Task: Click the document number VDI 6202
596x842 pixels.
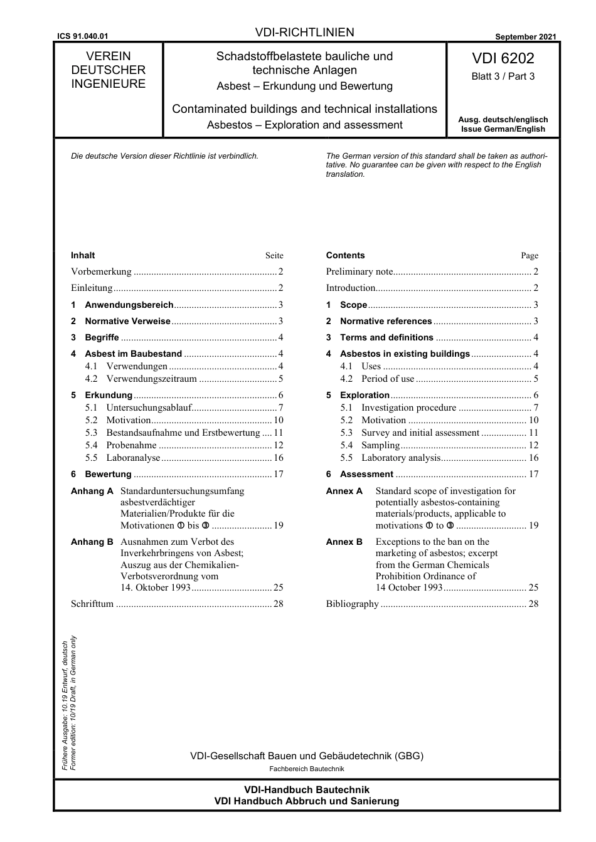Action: (x=503, y=59)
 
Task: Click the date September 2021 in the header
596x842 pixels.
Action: (x=525, y=37)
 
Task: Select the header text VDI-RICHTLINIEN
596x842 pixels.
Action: (x=304, y=33)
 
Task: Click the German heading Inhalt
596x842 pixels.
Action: (x=83, y=255)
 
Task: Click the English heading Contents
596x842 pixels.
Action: (x=345, y=255)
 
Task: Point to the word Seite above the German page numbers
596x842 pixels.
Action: (x=274, y=256)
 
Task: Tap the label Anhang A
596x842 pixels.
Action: (x=92, y=491)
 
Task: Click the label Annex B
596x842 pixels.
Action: (x=344, y=542)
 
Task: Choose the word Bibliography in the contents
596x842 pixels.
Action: (x=352, y=604)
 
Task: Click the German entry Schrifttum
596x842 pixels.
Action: (x=92, y=604)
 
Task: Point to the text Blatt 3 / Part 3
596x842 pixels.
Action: (x=503, y=76)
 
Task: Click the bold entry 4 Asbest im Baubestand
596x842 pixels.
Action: (x=133, y=354)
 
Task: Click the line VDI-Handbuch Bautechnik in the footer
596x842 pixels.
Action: (x=306, y=790)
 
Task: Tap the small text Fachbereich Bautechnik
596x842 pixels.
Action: (x=306, y=769)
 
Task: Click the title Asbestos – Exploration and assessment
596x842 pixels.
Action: (x=304, y=125)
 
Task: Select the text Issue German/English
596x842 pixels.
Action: (x=503, y=129)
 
